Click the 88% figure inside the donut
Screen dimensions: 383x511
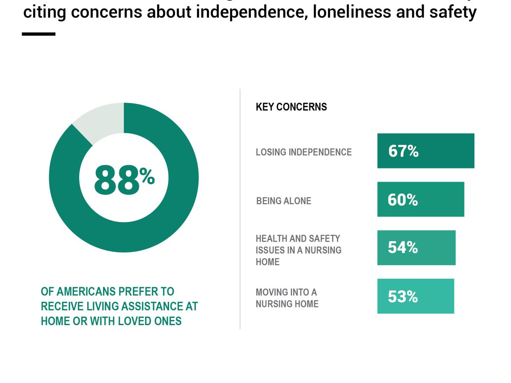tap(123, 181)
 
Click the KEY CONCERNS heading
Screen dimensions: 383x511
tap(291, 107)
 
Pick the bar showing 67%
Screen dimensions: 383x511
tap(425, 151)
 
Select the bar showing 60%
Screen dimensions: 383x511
tap(420, 200)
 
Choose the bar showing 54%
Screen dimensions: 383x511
tap(416, 248)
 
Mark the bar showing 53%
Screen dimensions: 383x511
tap(415, 296)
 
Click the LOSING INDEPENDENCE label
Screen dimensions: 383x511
tap(304, 152)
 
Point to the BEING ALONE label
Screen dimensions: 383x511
tap(284, 201)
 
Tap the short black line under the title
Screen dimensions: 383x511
tap(39, 34)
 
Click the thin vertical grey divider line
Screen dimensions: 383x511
tap(240, 209)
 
